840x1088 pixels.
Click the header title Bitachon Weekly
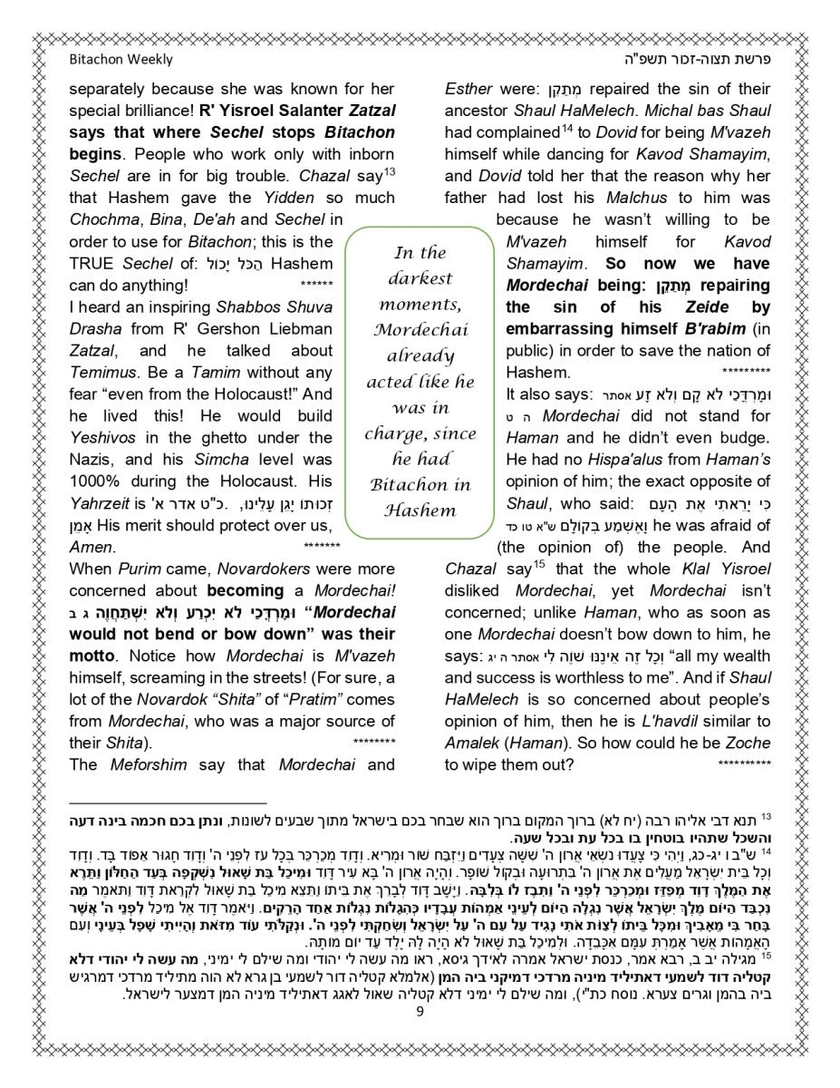[x=121, y=60]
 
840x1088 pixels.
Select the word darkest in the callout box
[x=420, y=278]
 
